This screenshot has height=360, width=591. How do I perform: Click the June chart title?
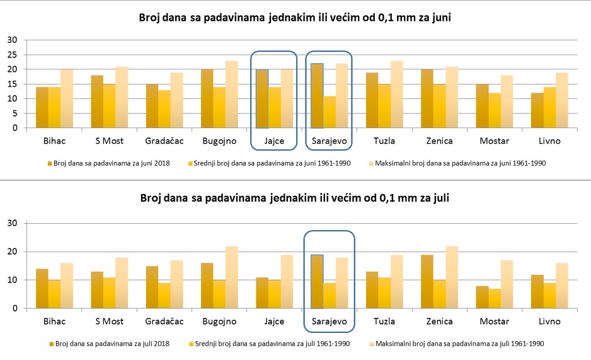[295, 18]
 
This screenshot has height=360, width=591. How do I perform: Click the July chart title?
[295, 198]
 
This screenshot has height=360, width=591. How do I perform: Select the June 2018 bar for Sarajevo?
[317, 96]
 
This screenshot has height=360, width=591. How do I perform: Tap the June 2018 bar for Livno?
[537, 110]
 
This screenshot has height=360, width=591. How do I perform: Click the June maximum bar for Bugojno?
[232, 95]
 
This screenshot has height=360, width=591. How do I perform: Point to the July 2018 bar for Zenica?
[427, 282]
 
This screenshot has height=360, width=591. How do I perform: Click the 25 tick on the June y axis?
[12, 55]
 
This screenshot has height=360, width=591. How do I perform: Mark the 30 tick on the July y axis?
[12, 223]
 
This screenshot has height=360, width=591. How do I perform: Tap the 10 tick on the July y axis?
[12, 280]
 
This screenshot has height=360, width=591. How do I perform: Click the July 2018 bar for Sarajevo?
[317, 282]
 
